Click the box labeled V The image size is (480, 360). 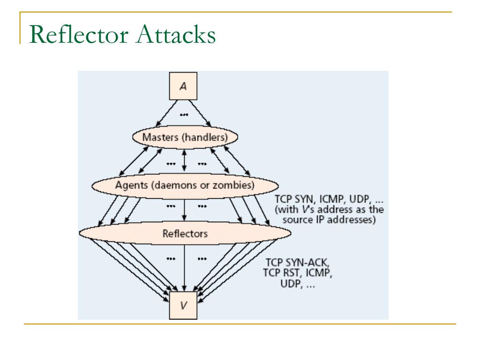pos(184,305)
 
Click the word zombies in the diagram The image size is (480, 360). pos(237,185)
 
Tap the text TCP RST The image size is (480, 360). pos(279,273)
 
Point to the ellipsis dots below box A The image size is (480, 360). pos(184,115)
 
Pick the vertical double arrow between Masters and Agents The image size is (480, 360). pos(184,161)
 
